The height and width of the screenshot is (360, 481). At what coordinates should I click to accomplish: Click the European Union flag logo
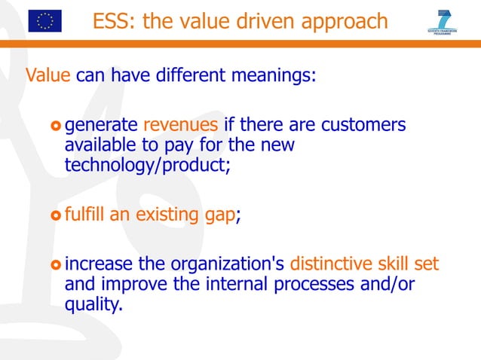44,21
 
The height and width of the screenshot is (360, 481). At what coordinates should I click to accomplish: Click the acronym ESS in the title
111,22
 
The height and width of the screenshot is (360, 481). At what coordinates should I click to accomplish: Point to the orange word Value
48,75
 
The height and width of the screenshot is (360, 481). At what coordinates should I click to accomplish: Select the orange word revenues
180,124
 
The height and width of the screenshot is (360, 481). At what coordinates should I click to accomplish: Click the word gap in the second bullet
220,215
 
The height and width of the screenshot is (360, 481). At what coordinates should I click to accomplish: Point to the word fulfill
85,215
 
